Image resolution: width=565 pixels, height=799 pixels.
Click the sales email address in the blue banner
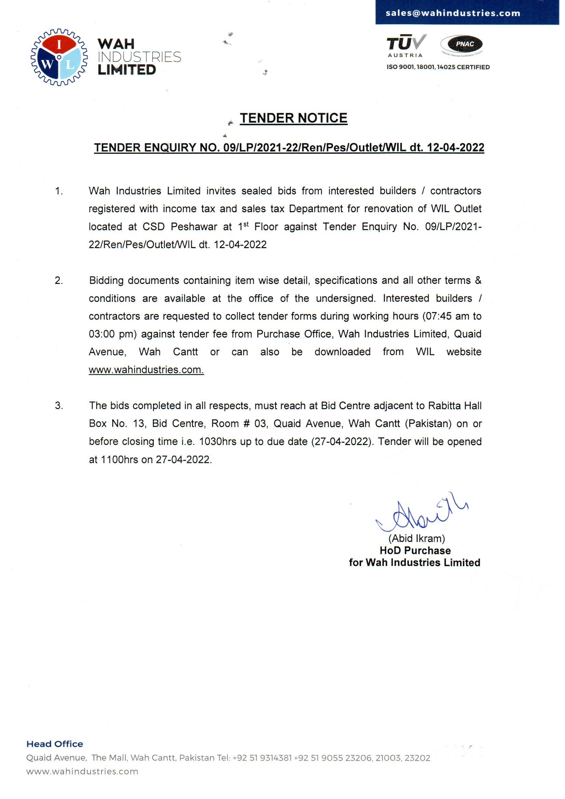453,13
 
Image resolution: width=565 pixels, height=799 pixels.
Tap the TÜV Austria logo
406,45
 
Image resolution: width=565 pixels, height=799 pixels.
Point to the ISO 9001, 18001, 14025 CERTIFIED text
438,67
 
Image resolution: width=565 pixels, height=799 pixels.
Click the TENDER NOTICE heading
293,118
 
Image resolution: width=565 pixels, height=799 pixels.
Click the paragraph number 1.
59,191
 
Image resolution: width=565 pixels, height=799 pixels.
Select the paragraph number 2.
59,281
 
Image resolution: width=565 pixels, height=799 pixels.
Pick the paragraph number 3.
59,405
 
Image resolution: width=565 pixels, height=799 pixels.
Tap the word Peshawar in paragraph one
194,227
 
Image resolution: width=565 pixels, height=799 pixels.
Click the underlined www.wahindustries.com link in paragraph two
146,369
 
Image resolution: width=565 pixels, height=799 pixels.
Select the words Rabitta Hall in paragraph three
455,406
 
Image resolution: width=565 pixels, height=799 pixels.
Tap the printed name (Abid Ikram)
416,538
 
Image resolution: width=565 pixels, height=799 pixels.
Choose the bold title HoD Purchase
415,551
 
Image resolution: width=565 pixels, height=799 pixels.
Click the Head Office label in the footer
55,744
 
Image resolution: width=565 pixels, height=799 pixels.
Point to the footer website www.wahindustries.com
82,772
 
